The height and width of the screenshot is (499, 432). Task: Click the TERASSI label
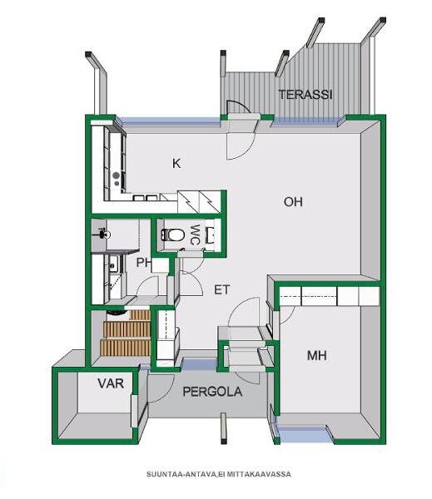(x=305, y=95)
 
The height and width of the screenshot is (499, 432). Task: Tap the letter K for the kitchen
(x=176, y=164)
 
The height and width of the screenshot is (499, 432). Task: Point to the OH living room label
(x=293, y=202)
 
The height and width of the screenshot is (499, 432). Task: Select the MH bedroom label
(x=316, y=355)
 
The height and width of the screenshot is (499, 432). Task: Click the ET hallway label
(x=221, y=290)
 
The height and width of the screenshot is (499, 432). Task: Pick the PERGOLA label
(x=212, y=392)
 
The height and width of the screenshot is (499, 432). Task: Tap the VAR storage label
(x=111, y=383)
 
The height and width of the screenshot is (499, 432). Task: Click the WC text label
(x=195, y=235)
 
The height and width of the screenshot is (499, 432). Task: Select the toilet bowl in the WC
(x=173, y=235)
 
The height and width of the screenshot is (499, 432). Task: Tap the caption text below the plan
(x=219, y=474)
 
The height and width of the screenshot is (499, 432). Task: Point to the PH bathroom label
(x=143, y=263)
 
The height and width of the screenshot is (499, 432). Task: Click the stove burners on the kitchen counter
(x=117, y=179)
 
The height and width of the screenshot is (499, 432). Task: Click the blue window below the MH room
(x=304, y=434)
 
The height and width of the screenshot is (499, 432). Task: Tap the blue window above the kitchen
(x=170, y=121)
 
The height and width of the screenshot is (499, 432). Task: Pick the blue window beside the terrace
(x=305, y=121)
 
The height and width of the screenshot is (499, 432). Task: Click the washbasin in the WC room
(x=211, y=235)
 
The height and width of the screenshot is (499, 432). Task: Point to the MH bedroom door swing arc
(x=288, y=316)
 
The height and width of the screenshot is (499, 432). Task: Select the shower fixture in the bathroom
(x=103, y=234)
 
